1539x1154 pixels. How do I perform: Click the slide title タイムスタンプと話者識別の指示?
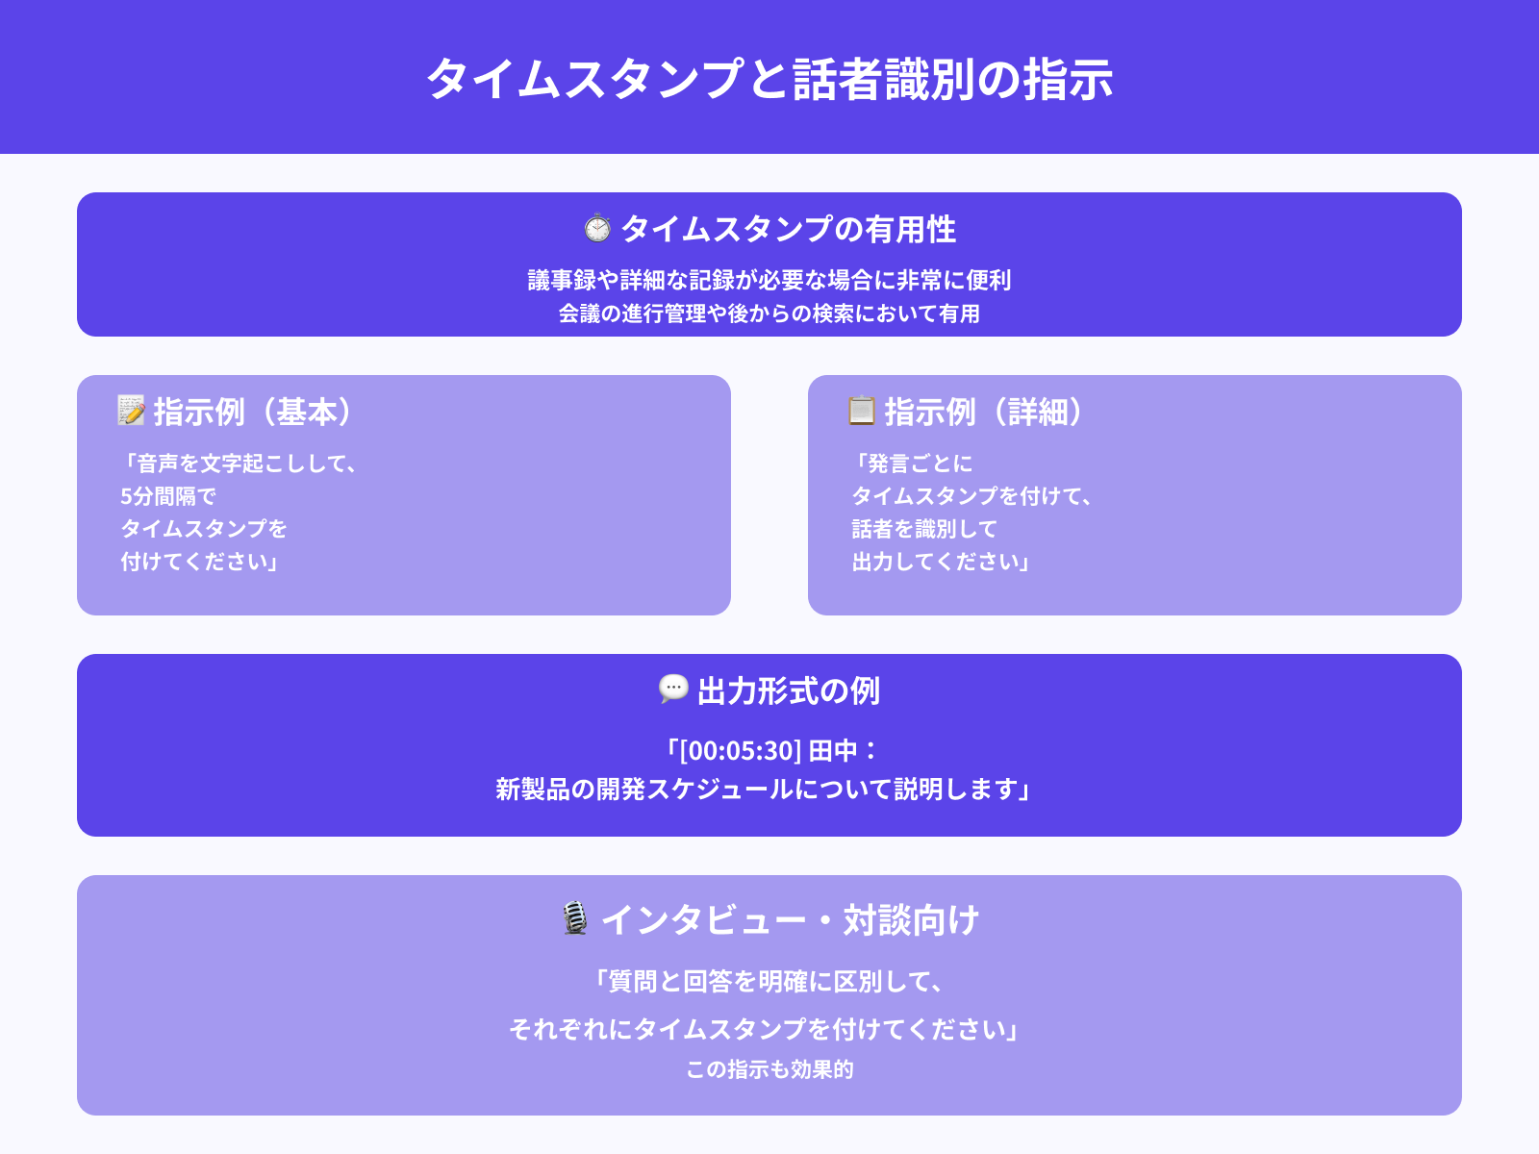[x=769, y=79]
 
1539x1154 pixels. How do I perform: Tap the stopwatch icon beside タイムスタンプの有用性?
[x=597, y=228]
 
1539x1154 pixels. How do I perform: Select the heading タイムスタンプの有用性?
[x=788, y=229]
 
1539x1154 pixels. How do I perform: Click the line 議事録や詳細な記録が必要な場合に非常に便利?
[x=769, y=280]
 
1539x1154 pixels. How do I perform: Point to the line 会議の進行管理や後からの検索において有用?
[x=769, y=314]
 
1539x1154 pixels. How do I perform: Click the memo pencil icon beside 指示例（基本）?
[x=131, y=410]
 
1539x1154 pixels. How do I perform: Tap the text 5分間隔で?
[x=168, y=496]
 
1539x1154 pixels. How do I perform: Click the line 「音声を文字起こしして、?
[x=240, y=464]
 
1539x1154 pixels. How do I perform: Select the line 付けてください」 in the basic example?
[x=200, y=562]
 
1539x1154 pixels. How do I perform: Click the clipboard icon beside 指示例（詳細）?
[x=861, y=410]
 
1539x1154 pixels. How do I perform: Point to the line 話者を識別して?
[x=924, y=529]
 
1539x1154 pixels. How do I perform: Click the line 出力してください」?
[x=942, y=562]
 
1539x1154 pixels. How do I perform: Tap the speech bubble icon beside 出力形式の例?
[x=673, y=689]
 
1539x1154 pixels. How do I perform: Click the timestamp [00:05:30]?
[x=741, y=750]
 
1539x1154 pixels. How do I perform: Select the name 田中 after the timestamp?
[x=832, y=750]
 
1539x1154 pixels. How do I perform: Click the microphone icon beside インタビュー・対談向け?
[x=575, y=918]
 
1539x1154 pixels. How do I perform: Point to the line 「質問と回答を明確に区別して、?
[x=769, y=981]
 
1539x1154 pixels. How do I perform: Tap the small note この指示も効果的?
[x=769, y=1069]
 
